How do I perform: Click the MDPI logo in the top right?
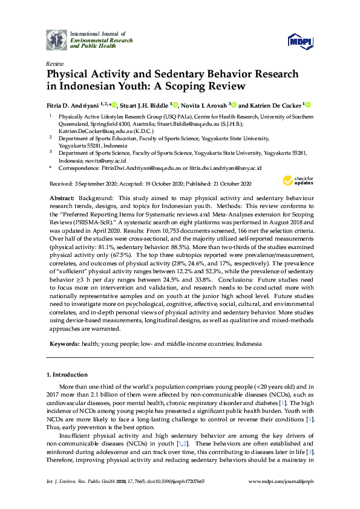point(301,41)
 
